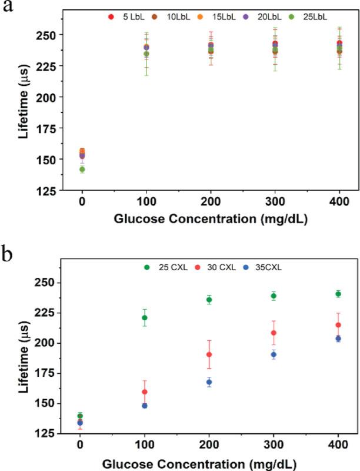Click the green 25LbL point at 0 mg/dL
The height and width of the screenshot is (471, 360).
[x=82, y=170]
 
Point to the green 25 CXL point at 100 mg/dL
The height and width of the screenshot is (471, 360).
[x=144, y=318]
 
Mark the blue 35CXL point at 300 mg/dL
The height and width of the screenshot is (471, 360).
[x=274, y=354]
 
